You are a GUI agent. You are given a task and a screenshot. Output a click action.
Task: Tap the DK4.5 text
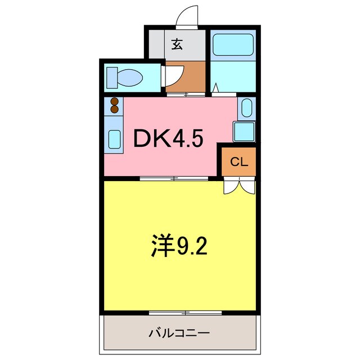(167, 138)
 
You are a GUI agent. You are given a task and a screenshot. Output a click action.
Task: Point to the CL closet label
(238, 163)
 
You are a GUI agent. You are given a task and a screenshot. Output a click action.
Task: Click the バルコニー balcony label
(179, 333)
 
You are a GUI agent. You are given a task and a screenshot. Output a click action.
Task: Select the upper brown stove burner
(115, 102)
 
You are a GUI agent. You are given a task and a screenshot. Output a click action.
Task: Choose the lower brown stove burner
(115, 109)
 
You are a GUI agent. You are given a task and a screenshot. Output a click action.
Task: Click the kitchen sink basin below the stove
(114, 138)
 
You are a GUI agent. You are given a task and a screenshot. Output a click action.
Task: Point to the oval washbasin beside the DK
(246, 107)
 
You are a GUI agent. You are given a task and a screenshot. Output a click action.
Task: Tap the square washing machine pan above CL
(244, 130)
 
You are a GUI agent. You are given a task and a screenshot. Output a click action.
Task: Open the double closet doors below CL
(240, 186)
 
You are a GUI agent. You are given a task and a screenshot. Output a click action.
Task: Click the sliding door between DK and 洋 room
(174, 179)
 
